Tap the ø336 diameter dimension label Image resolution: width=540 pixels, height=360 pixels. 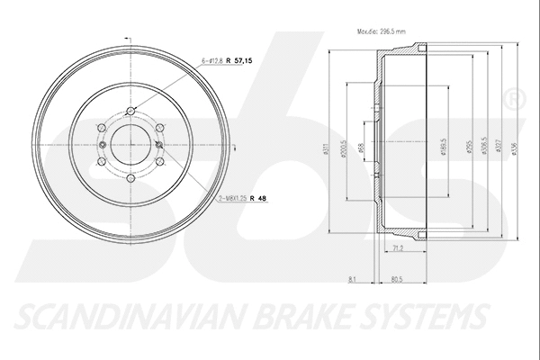coord(511,151)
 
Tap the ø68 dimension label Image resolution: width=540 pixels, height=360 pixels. coord(361,151)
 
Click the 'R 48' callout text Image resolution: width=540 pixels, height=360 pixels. coord(261,198)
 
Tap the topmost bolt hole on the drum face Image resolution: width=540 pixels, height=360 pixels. coord(130,111)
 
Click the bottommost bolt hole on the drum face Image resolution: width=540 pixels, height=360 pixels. coord(130,178)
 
